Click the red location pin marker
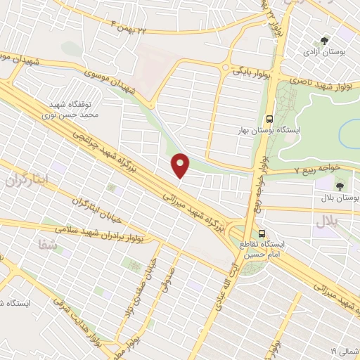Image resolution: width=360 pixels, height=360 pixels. (x=181, y=165)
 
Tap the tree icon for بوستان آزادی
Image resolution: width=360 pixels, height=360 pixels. (x=324, y=41)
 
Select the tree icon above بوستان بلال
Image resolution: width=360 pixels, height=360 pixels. (x=340, y=186)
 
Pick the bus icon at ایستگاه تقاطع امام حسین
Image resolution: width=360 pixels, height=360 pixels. (x=262, y=233)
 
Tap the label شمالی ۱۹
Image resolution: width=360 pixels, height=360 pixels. (x=344, y=349)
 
